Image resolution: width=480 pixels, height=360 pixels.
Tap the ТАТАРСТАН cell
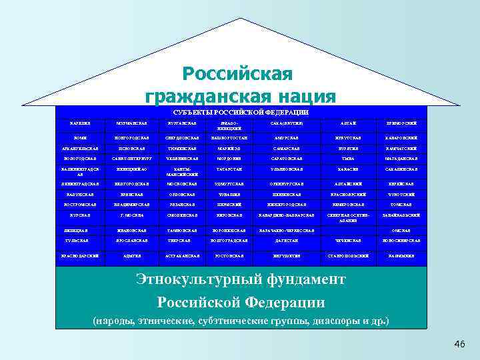[x=229, y=171]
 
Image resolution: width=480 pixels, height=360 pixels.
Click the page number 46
[x=458, y=344]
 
